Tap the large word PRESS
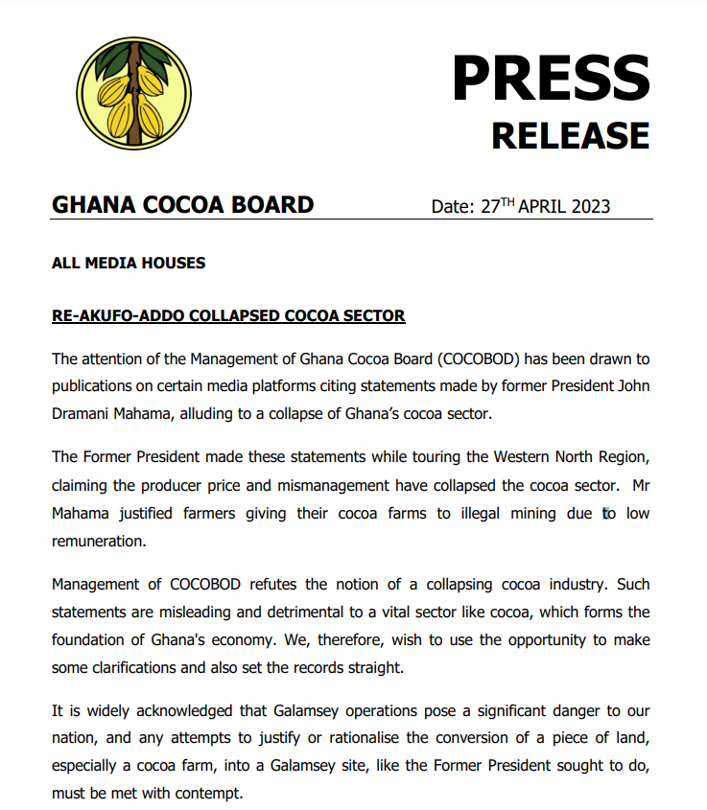(x=551, y=78)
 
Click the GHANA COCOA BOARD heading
(x=182, y=204)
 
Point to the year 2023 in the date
(x=588, y=206)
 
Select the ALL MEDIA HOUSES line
(x=128, y=263)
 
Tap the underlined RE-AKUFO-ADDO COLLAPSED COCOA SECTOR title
(x=228, y=315)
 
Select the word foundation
(x=90, y=637)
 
